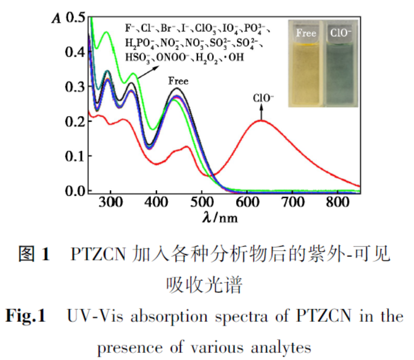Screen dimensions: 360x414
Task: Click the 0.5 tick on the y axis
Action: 75,18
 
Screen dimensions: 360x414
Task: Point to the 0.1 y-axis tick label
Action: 75,156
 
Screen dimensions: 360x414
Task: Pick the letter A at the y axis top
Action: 57,18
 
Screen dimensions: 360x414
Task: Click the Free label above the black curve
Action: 178,81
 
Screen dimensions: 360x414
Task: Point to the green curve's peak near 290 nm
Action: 107,32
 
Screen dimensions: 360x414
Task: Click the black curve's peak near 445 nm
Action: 177,88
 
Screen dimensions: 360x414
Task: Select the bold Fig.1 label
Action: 25,316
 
